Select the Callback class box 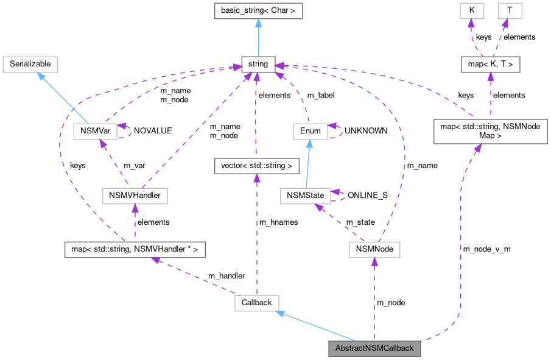pyautogui.click(x=256, y=303)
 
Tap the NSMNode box pyautogui.click(x=374, y=249)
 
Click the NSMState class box pyautogui.click(x=305, y=196)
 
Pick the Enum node pyautogui.click(x=310, y=131)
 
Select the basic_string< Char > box pyautogui.click(x=258, y=11)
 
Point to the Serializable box pyautogui.click(x=30, y=64)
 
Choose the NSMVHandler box pyautogui.click(x=135, y=196)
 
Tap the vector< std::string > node pyautogui.click(x=256, y=165)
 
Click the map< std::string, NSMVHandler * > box pyautogui.click(x=135, y=249)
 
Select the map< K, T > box pyautogui.click(x=490, y=64)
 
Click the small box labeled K pyautogui.click(x=471, y=11)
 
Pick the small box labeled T pyautogui.click(x=509, y=11)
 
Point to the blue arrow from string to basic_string pyautogui.click(x=258, y=38)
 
